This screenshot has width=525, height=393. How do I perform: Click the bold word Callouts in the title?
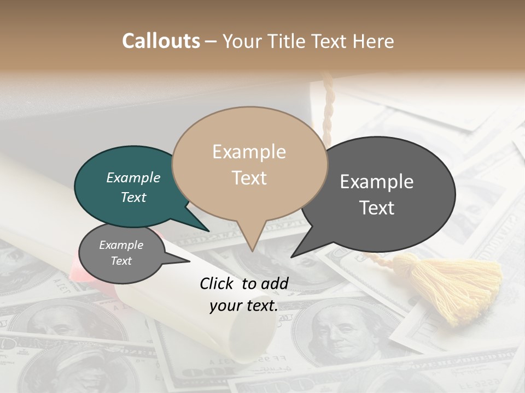point(161,41)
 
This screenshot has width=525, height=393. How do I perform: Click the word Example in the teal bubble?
point(133,177)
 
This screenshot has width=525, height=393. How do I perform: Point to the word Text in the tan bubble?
point(249,178)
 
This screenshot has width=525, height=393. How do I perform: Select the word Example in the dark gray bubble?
point(377,182)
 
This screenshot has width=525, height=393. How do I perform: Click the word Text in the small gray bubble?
point(121,261)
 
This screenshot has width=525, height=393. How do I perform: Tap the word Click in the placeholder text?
point(219,283)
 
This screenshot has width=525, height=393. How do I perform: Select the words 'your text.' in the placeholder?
point(243,306)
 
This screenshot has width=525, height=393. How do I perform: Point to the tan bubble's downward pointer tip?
point(252,251)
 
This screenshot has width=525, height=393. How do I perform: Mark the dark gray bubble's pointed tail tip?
point(291,257)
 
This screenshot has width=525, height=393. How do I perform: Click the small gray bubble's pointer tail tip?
point(189,261)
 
